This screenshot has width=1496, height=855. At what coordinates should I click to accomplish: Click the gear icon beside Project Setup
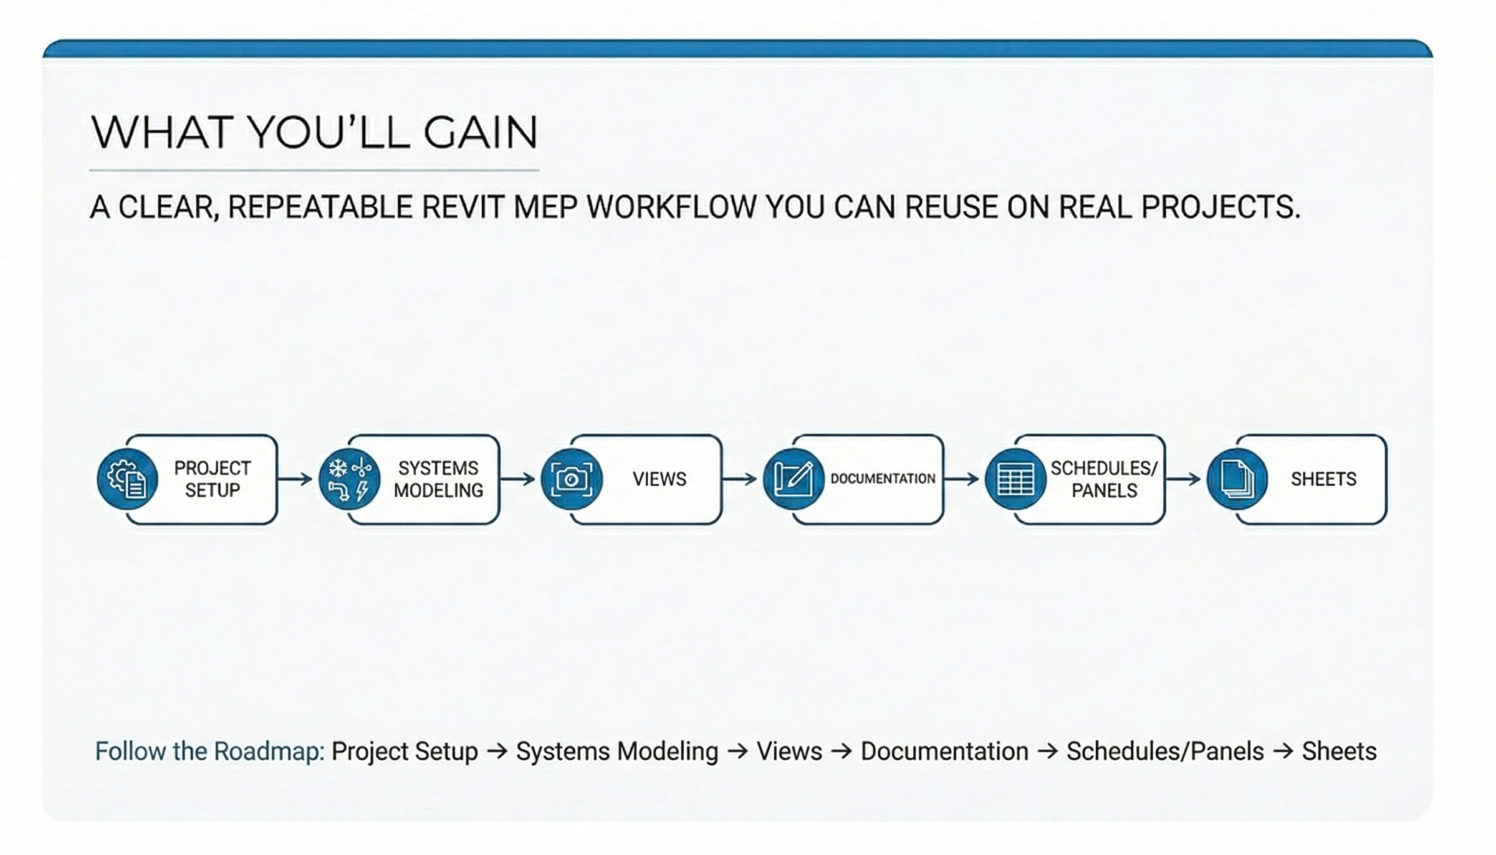[x=127, y=479]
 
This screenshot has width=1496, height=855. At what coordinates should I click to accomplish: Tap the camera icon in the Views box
[x=571, y=479]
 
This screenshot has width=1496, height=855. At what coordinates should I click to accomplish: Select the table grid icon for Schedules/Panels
[x=1015, y=479]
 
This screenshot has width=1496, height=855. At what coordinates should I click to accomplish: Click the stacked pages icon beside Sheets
[x=1237, y=479]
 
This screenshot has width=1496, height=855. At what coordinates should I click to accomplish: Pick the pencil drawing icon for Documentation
[x=794, y=479]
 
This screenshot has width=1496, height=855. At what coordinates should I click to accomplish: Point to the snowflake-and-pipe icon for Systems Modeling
[x=349, y=479]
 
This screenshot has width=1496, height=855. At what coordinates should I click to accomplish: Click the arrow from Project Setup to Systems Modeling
[x=295, y=479]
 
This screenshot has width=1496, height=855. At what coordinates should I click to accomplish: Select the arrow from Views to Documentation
[x=740, y=479]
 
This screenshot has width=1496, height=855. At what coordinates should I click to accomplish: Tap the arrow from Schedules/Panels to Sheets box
[x=1184, y=479]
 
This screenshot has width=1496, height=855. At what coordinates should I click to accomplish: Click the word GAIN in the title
[x=481, y=132]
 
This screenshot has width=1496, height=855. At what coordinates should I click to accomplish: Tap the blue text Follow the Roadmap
[x=209, y=752]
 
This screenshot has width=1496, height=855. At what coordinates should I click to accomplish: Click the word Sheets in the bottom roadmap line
[x=1339, y=752]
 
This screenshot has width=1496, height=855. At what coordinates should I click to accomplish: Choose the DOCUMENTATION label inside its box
[x=883, y=479]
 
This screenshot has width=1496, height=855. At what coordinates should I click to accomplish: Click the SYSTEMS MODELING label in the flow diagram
[x=438, y=479]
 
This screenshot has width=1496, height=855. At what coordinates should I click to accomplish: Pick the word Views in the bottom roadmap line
[x=789, y=752]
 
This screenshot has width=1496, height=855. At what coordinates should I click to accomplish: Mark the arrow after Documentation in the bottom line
[x=1048, y=752]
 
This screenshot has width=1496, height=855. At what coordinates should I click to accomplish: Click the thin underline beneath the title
[x=314, y=170]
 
